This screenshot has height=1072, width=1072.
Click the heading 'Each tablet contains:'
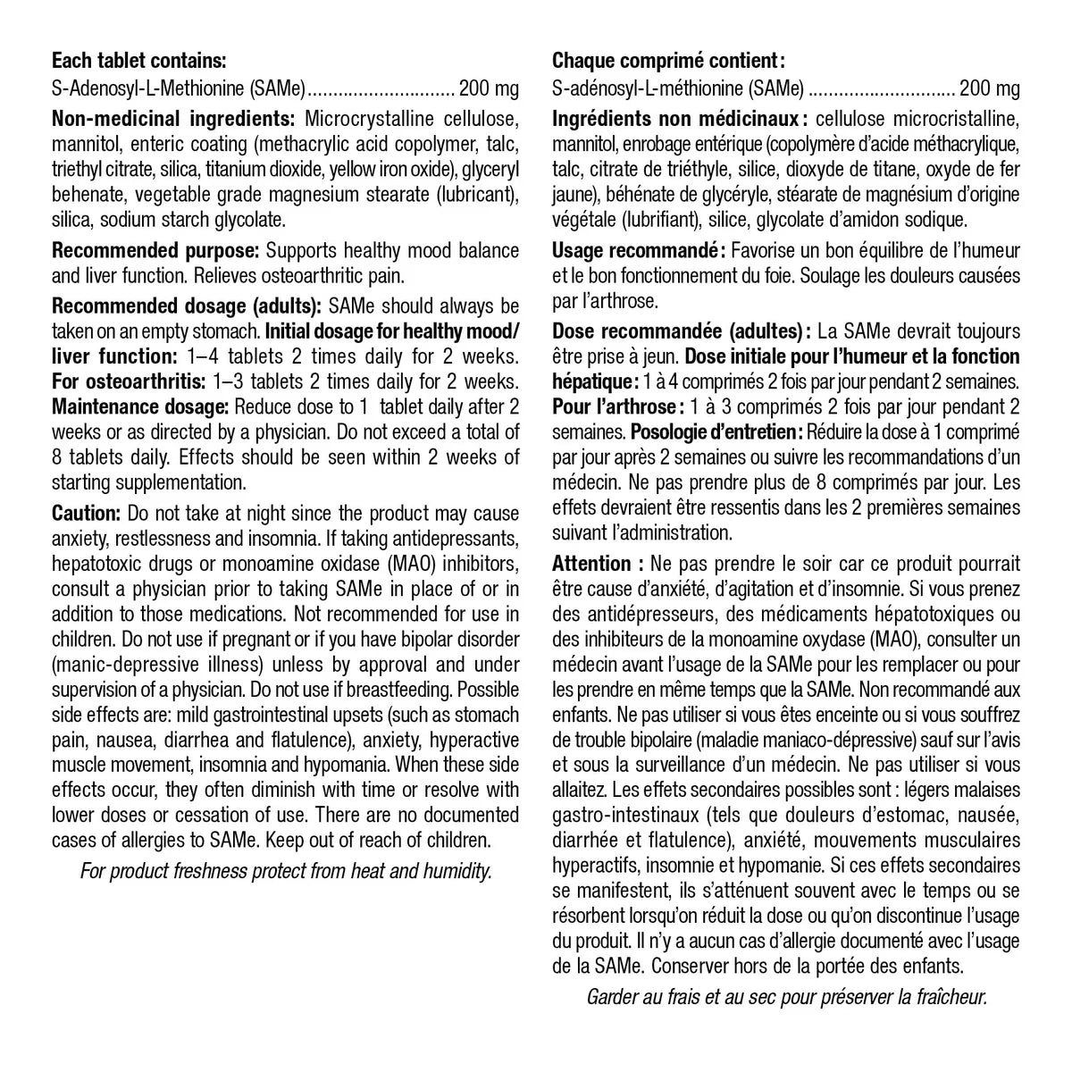tap(139, 62)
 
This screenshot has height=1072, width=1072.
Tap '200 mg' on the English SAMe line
tap(488, 89)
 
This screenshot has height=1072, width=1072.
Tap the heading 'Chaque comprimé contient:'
tap(668, 62)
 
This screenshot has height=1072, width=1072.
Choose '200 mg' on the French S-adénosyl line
tap(988, 89)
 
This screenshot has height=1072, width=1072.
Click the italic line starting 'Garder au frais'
tap(786, 998)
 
